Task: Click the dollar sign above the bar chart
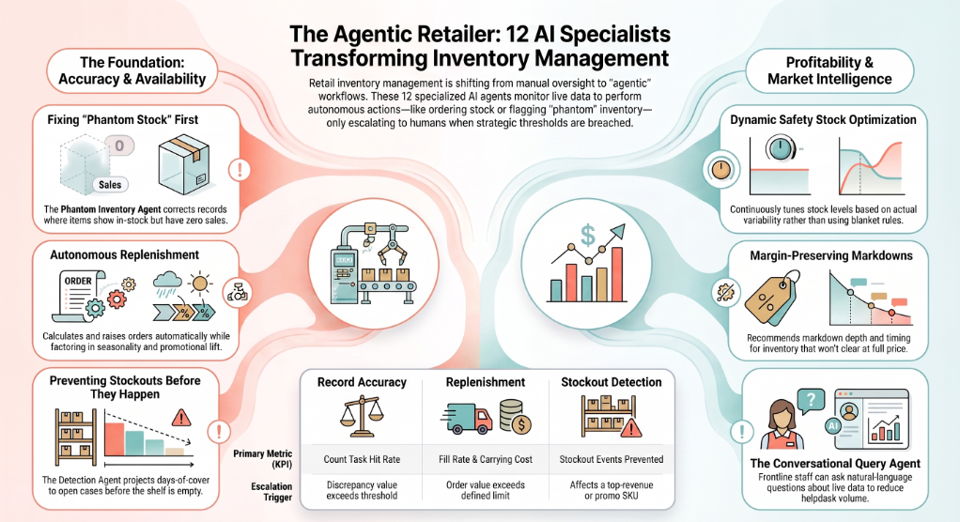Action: point(588,235)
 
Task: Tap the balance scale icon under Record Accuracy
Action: point(362,416)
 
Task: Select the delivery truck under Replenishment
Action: point(467,419)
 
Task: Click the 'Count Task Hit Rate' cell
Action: point(362,460)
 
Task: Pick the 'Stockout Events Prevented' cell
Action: point(611,460)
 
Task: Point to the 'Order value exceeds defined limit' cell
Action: point(486,490)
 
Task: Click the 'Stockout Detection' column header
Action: point(611,382)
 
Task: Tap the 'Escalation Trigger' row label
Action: point(271,492)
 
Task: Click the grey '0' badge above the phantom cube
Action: point(119,146)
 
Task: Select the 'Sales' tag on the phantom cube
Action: point(110,185)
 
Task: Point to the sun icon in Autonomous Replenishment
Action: point(199,284)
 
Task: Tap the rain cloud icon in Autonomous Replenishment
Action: point(166,284)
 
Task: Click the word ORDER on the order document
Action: point(78,281)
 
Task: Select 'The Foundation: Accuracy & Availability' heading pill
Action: point(132,71)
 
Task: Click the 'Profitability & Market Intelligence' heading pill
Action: point(829,71)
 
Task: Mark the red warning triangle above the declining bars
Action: point(180,418)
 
